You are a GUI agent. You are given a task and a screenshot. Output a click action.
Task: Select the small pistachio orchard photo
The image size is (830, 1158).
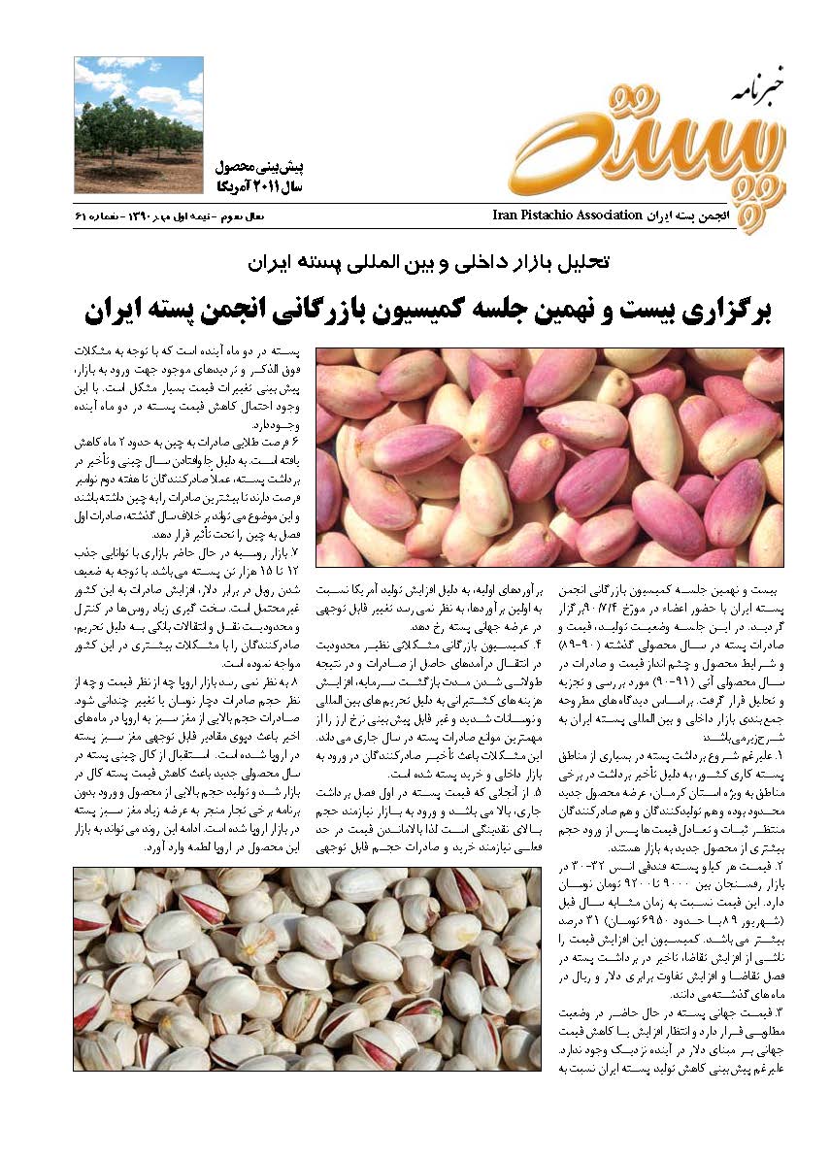[139, 124]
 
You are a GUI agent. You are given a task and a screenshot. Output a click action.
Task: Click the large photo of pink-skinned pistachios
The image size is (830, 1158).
[548, 456]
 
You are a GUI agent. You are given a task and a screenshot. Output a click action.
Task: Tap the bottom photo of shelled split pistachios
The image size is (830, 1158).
[307, 968]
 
